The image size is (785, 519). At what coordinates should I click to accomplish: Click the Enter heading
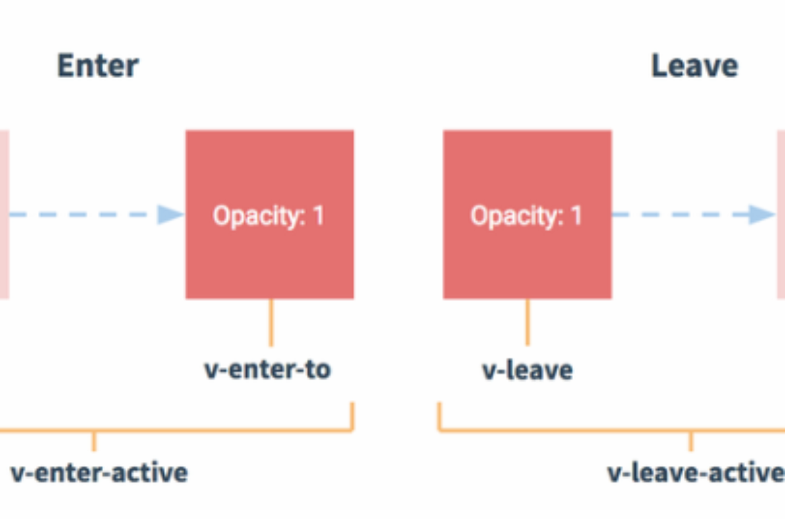pyautogui.click(x=98, y=66)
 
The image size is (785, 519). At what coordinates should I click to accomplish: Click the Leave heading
pyautogui.click(x=695, y=66)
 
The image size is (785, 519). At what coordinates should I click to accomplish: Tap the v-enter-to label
pyautogui.click(x=267, y=370)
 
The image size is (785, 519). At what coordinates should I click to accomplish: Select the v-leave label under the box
pyautogui.click(x=527, y=370)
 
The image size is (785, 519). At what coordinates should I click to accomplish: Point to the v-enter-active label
pyautogui.click(x=99, y=473)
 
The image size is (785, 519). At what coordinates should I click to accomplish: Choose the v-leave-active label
pyautogui.click(x=696, y=473)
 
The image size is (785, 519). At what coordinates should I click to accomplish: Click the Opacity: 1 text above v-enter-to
pyautogui.click(x=269, y=216)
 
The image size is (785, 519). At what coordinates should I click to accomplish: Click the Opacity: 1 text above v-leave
pyautogui.click(x=526, y=216)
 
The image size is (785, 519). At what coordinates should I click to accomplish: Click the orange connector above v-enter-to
pyautogui.click(x=271, y=323)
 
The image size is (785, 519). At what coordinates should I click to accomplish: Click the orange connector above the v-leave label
pyautogui.click(x=527, y=323)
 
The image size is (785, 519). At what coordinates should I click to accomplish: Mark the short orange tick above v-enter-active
pyautogui.click(x=94, y=441)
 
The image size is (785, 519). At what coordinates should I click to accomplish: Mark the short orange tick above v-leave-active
pyautogui.click(x=691, y=441)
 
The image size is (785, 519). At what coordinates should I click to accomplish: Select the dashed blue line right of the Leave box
pyautogui.click(x=681, y=214)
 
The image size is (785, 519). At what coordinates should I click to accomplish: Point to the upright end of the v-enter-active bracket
pyautogui.click(x=352, y=416)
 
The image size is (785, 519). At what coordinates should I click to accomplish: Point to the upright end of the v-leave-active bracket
pyautogui.click(x=439, y=416)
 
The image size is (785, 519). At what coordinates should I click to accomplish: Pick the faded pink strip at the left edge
pyautogui.click(x=4, y=214)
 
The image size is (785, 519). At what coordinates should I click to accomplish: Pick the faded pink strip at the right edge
pyautogui.click(x=781, y=214)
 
